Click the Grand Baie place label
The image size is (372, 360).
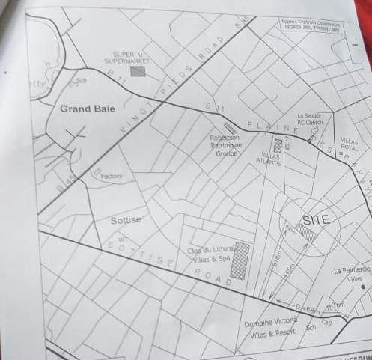tap(87, 109)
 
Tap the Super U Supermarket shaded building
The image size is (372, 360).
tap(138, 71)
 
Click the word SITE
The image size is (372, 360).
tap(316, 221)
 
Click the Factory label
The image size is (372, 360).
tap(111, 177)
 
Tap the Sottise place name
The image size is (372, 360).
tap(126, 220)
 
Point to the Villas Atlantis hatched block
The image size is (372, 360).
tap(278, 145)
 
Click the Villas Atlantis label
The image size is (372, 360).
tap(271, 159)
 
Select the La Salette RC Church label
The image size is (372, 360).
tap(309, 119)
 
